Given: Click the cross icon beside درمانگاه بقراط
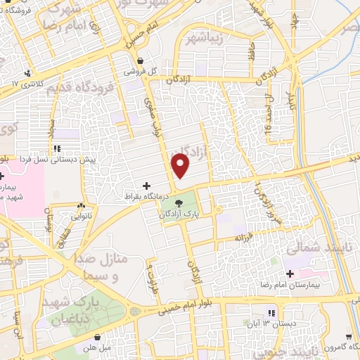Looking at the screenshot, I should pos(146,186).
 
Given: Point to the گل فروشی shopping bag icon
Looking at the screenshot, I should pos(141,61).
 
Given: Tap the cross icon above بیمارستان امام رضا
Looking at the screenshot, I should pos(290,273).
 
